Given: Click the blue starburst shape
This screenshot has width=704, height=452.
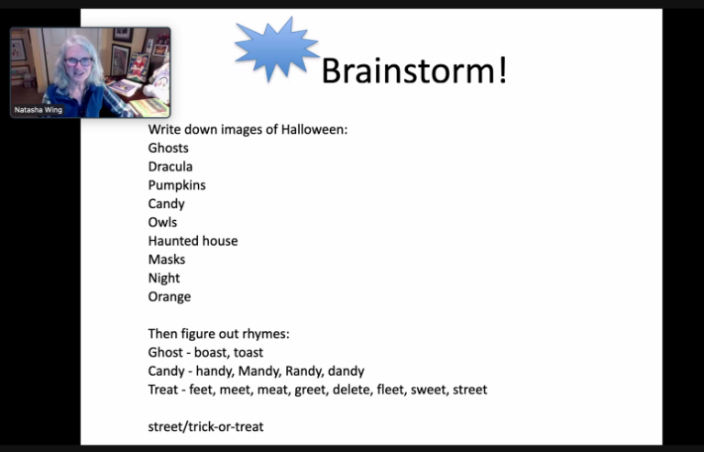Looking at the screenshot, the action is coord(276,50).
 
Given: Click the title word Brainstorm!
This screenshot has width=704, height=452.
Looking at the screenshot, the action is coord(414,70).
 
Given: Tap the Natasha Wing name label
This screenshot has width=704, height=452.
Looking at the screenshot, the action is coord(38,110).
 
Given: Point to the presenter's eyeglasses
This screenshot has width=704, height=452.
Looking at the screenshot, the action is coord(79,61).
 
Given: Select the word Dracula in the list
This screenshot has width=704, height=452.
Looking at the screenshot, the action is coord(170,167).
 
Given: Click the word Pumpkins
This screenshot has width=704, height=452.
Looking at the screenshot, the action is coord(177,185).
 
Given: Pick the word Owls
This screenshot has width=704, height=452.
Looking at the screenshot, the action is coord(162,222).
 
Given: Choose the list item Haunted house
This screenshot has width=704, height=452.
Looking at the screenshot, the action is coord(193,241).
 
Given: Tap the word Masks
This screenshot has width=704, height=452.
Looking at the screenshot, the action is coord(167,259).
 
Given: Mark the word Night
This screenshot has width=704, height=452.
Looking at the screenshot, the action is coord(164,279).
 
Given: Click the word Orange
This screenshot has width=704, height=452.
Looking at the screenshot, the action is coord(170,297).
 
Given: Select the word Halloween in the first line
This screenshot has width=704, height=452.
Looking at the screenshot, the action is coord(314,129).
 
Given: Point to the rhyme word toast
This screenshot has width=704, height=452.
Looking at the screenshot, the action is coord(248,352).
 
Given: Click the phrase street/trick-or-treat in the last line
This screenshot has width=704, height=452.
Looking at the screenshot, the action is coord(205,426).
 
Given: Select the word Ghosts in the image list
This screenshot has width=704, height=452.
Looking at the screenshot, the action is coord(169,149).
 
